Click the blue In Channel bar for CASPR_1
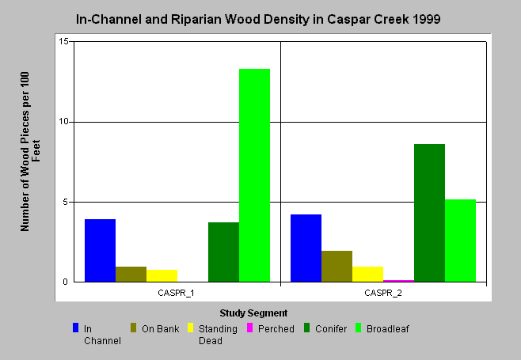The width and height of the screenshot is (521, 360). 100,250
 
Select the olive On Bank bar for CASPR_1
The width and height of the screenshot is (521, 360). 131,275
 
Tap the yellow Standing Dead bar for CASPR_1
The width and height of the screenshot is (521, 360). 162,276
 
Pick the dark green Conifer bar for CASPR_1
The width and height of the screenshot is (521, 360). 223,252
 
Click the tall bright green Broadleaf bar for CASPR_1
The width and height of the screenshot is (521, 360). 254,176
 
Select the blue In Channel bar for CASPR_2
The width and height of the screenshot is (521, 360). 306,248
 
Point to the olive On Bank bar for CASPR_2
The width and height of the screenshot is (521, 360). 337,267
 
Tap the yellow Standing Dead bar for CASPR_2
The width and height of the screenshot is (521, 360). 368,275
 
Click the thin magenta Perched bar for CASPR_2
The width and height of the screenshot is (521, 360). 399,281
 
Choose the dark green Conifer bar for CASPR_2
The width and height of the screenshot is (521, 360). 430,213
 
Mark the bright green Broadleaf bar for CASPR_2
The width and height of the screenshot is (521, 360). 461,241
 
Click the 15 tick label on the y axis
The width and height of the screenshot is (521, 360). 63,41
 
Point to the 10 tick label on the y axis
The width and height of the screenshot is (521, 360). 63,122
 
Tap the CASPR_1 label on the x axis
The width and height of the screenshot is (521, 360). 176,293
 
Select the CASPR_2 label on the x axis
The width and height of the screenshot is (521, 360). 383,293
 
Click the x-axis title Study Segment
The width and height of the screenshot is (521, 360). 253,313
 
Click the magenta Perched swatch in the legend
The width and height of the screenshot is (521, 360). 250,328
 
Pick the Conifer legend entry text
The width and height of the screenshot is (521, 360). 331,329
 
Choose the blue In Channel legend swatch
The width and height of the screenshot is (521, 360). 75,328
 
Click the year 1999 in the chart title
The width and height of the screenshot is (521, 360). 426,19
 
